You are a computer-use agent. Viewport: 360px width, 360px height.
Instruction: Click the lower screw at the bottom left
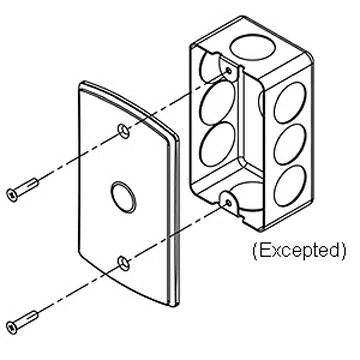[25, 321]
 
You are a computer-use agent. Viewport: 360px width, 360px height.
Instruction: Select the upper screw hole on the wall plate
[123, 131]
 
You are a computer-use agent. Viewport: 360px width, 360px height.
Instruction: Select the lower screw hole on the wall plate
[122, 262]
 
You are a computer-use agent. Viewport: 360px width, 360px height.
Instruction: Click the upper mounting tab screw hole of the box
[231, 71]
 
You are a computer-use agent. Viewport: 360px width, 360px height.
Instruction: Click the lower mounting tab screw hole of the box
[231, 204]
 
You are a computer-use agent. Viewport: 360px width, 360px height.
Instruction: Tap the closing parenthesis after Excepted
[343, 247]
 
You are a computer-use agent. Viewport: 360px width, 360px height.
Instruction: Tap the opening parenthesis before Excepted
[254, 247]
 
